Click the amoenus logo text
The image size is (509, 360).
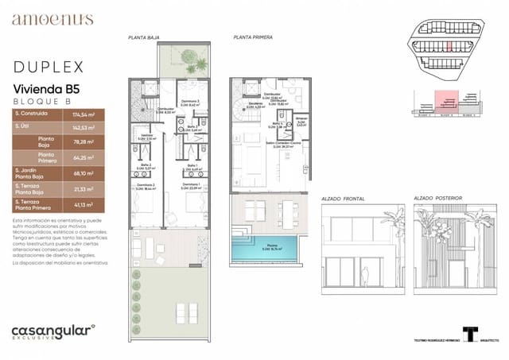[52, 20]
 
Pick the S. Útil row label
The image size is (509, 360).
[25, 127]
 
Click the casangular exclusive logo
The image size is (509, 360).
[52, 331]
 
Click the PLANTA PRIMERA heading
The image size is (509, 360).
[252, 37]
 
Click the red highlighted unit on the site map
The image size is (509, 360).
[448, 45]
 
